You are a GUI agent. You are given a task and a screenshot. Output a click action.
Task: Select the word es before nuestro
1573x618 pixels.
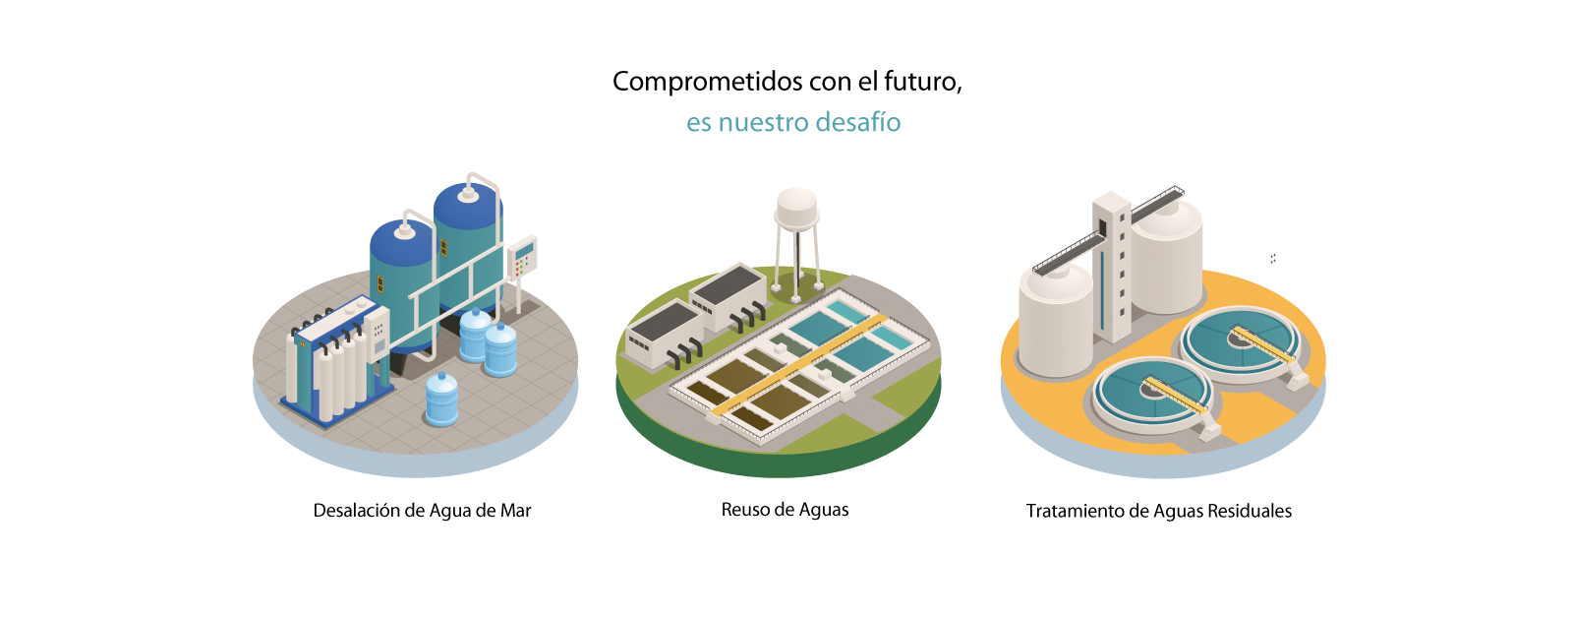(x=698, y=124)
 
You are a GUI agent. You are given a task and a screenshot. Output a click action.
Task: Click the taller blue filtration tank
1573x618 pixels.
(x=468, y=246)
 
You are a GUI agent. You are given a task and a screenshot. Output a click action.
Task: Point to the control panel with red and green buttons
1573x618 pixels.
(x=523, y=258)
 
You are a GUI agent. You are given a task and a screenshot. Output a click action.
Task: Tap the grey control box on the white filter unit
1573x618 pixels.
(x=377, y=335)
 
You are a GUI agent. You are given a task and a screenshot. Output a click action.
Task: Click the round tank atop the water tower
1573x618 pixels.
(x=796, y=207)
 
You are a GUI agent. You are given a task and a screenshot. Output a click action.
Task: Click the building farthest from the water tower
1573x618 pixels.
(x=664, y=335)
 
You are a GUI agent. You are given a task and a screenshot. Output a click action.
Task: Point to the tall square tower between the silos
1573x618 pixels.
(x=1113, y=266)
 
